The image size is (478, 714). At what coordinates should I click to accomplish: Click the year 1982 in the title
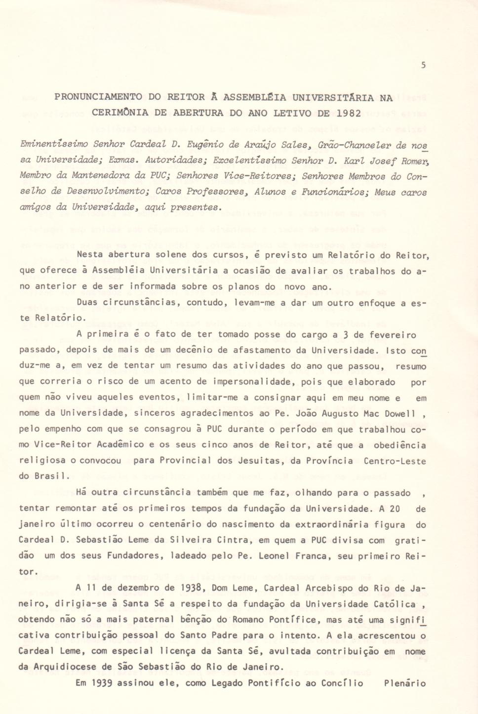coord(349,113)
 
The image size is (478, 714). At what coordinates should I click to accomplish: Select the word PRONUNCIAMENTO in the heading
coord(98,97)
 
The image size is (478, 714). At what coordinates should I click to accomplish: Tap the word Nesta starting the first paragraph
coord(90,255)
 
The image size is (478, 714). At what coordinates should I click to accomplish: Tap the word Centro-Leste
coord(395,461)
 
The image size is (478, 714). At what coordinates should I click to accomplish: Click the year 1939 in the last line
coord(102,683)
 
